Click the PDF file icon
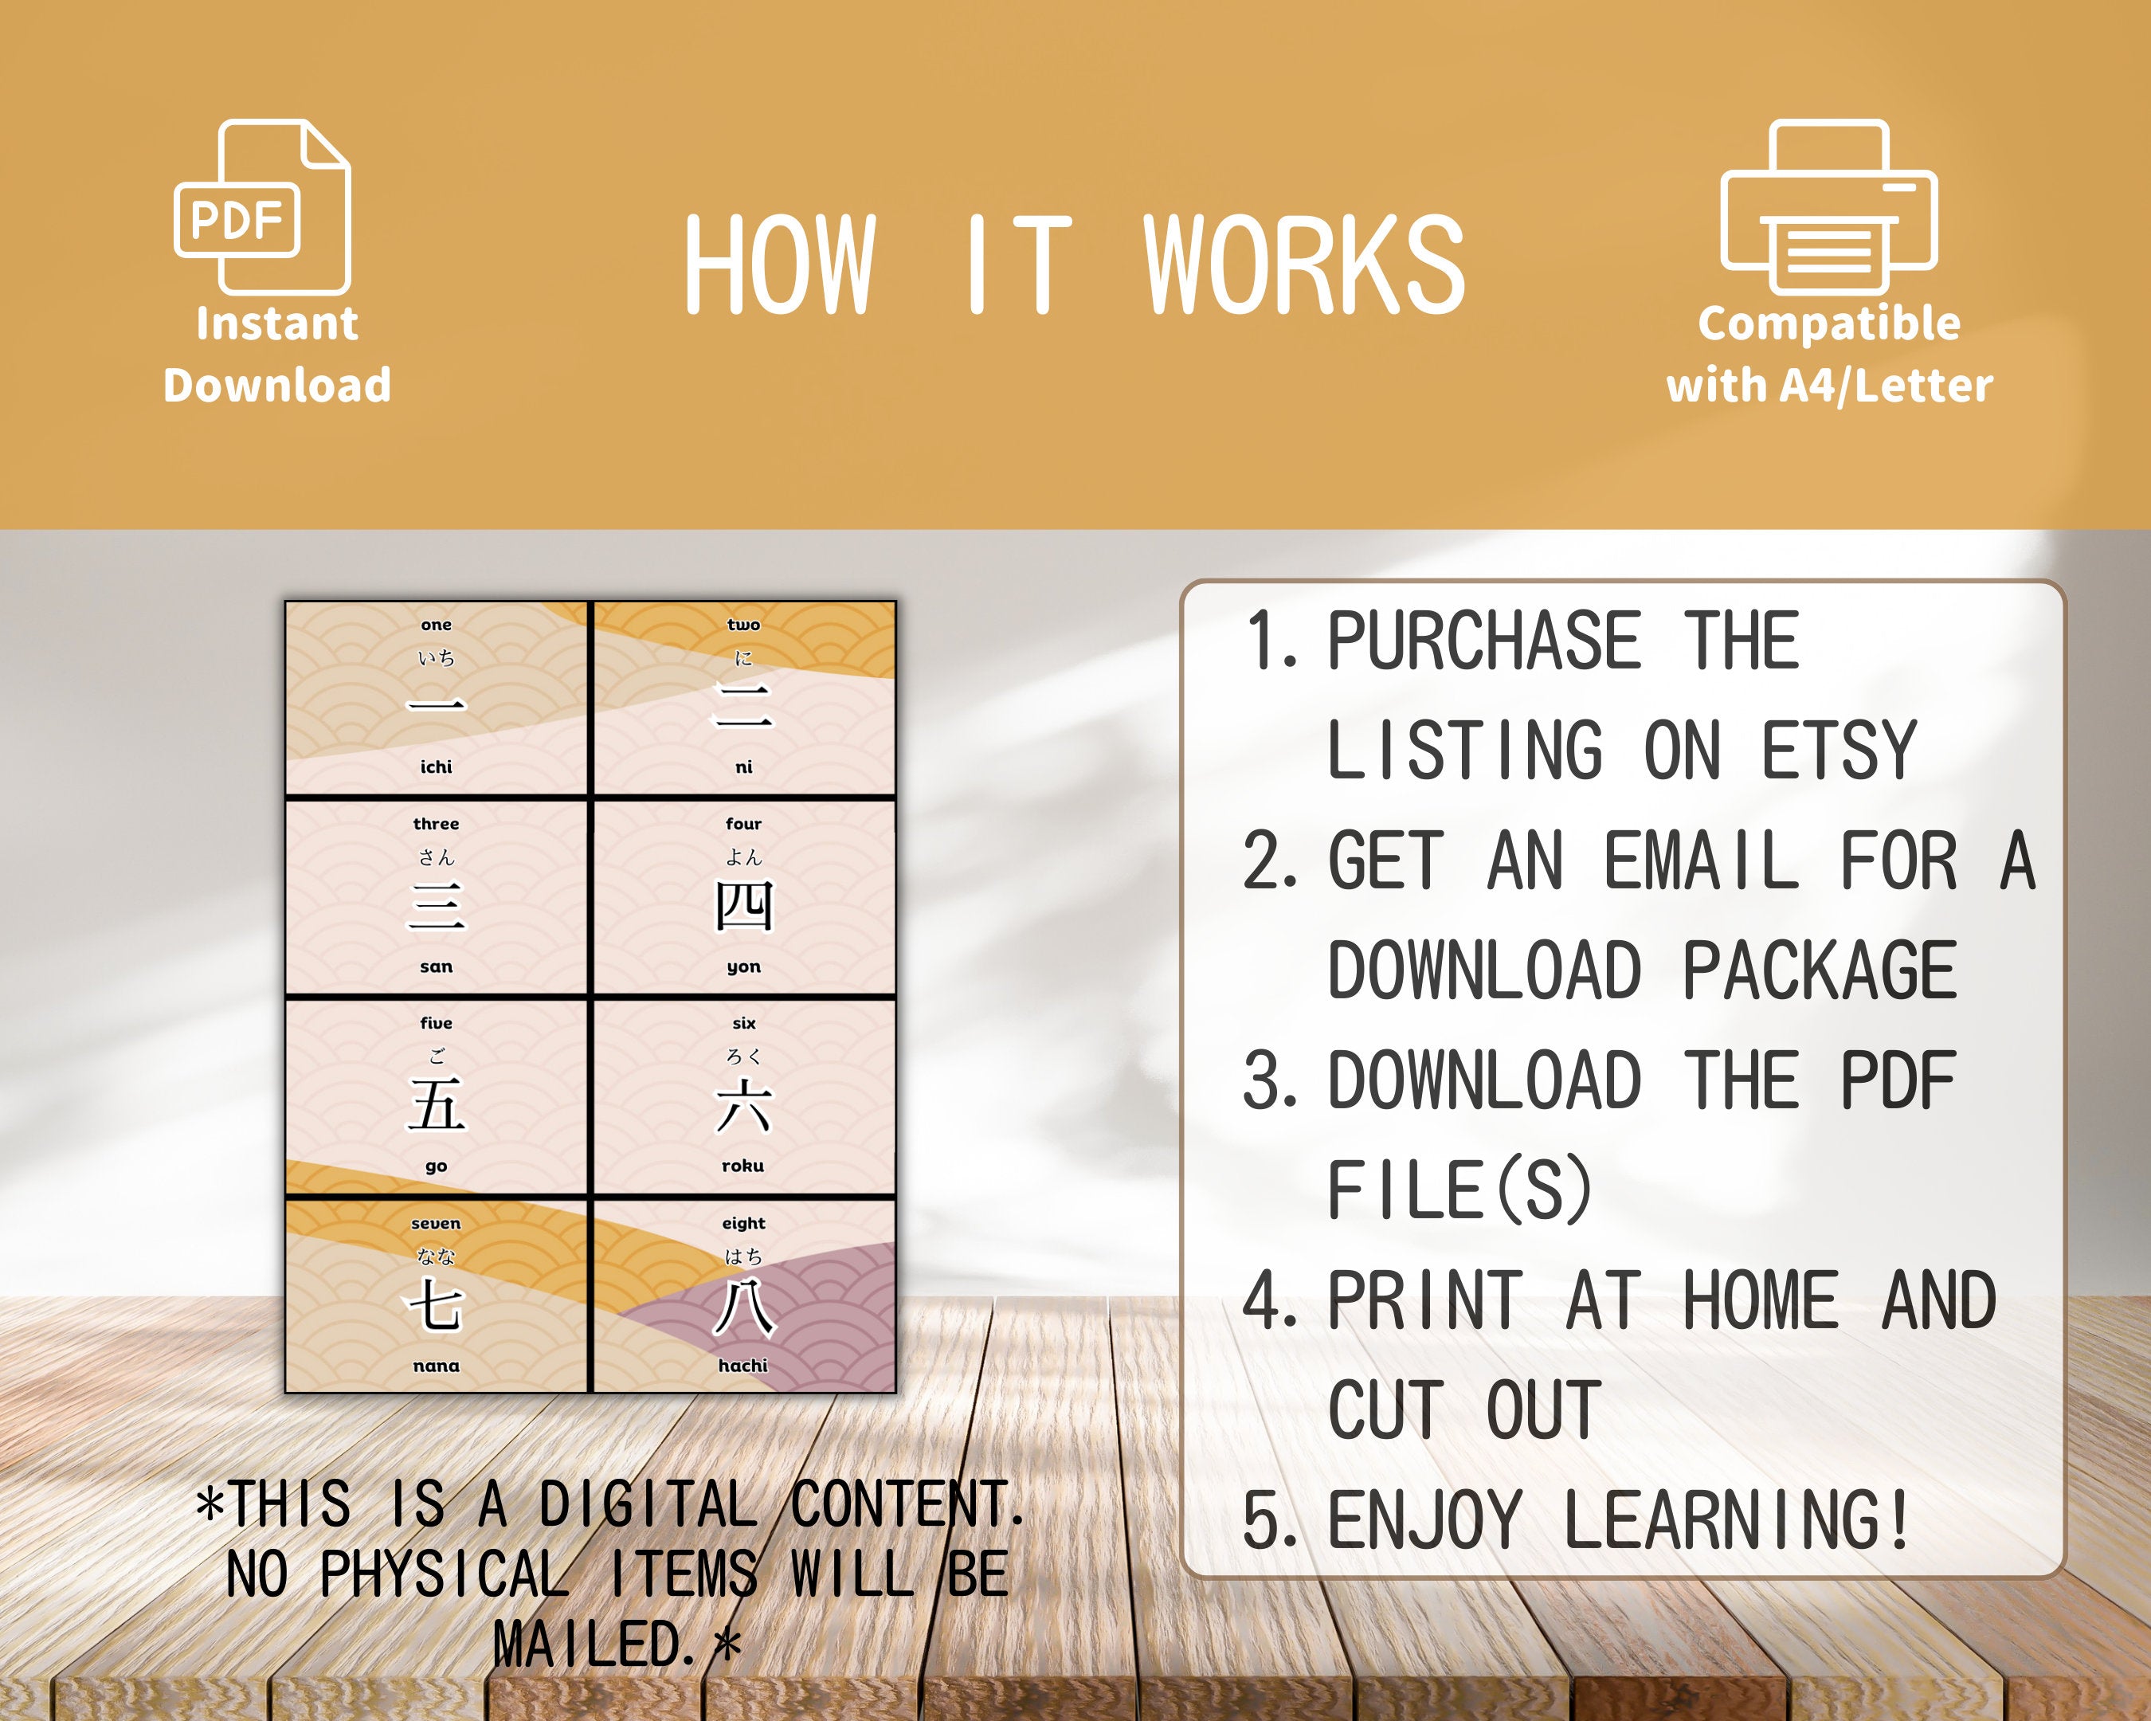[261, 206]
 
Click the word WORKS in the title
[1304, 265]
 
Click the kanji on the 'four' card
[743, 906]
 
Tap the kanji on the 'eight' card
[743, 1307]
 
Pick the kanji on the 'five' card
[436, 1105]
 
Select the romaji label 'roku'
[743, 1166]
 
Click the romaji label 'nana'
[436, 1366]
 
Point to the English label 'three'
[436, 824]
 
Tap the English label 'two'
[743, 625]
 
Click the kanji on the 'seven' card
[436, 1305]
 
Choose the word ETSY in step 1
[1838, 751]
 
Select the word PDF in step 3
[1898, 1080]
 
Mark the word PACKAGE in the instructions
[1819, 970]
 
